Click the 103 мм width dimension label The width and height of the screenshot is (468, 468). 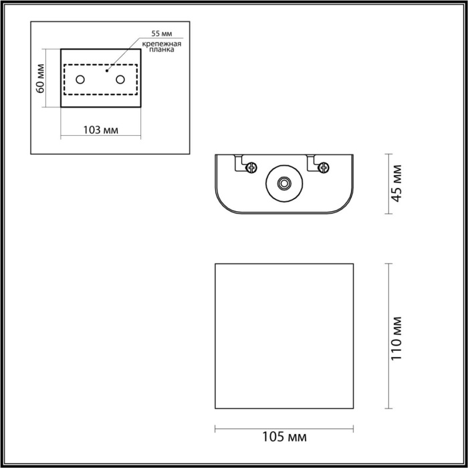pos(101,129)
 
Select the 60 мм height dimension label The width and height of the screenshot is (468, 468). pos(40,78)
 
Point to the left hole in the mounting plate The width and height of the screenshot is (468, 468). pos(80,80)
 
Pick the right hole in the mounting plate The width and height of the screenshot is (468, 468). pos(121,80)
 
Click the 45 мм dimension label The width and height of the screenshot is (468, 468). pos(397,184)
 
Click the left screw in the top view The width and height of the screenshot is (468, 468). pos(251,167)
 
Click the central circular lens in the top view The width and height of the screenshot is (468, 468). pos(284,182)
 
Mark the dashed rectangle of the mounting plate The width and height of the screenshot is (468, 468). pos(101,65)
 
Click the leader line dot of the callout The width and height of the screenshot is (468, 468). pos(107,68)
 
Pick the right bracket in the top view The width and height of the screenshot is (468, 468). pos(312,162)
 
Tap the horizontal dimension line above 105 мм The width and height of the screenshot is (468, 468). pos(284,427)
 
